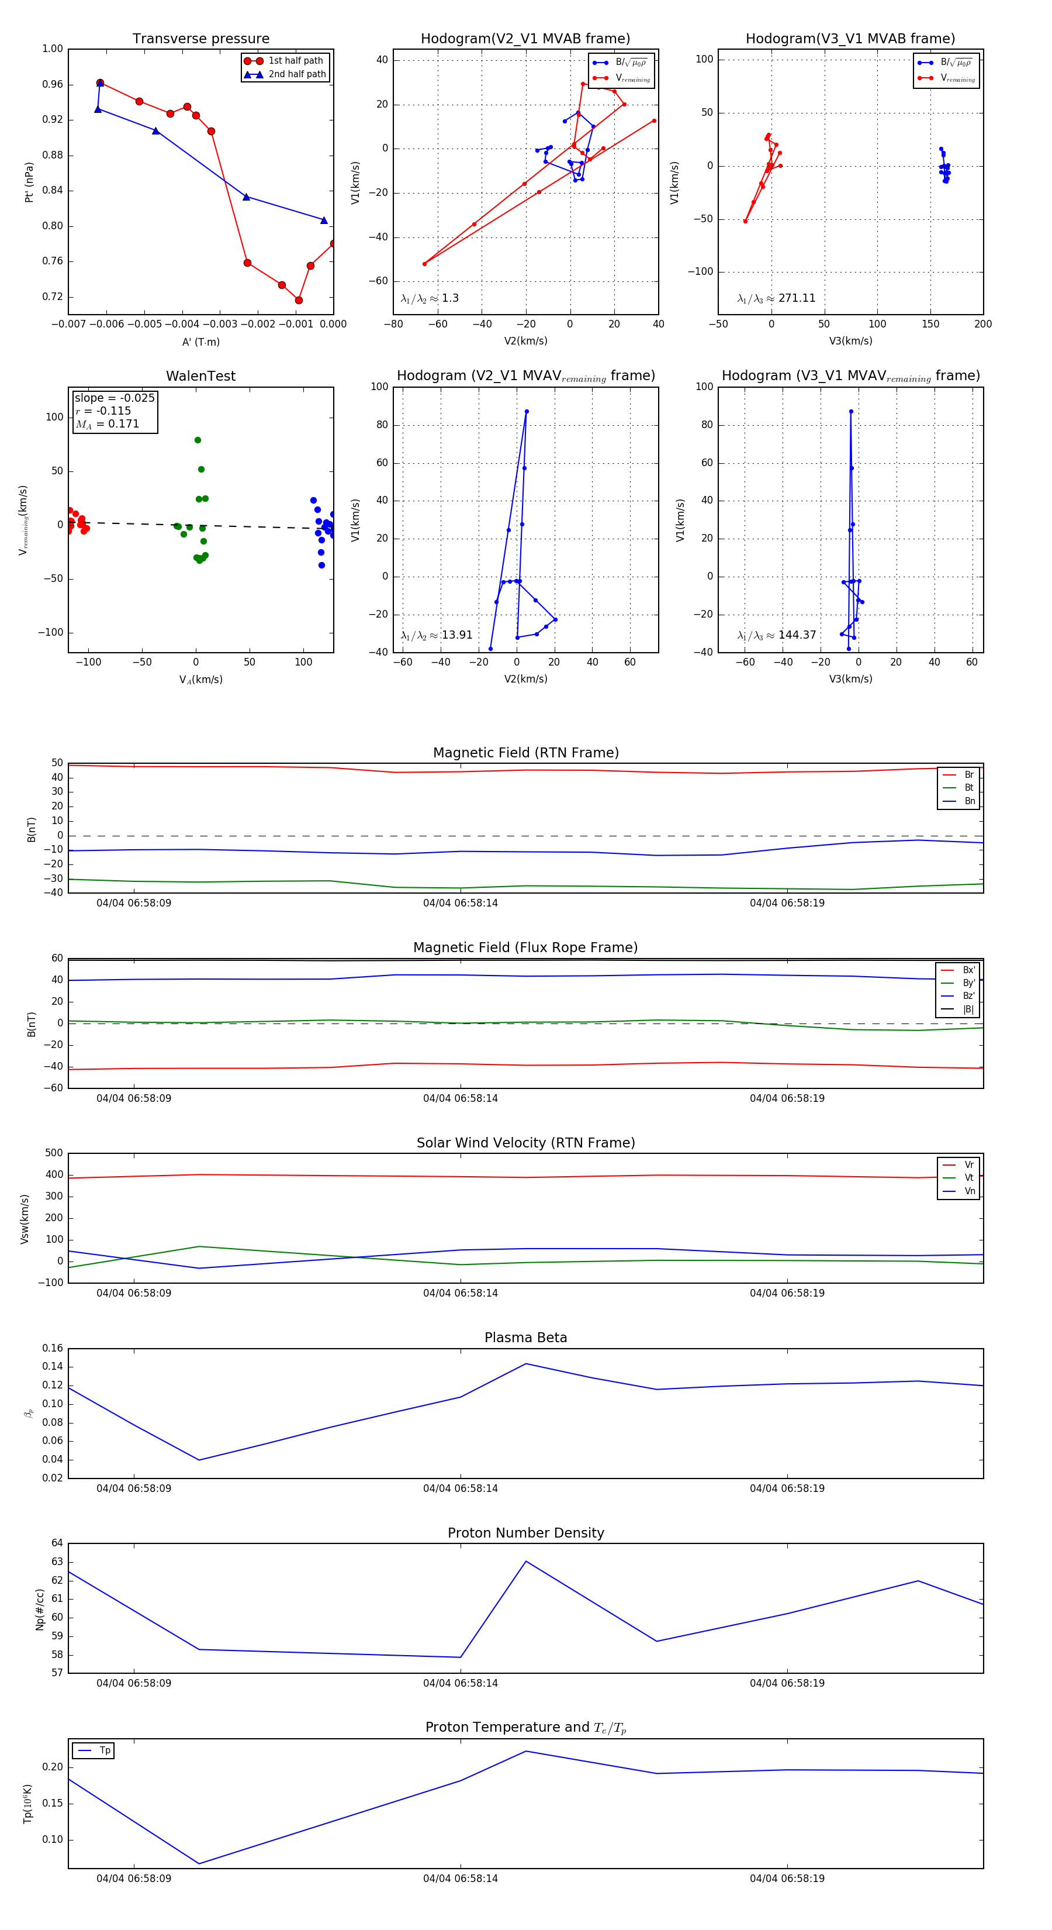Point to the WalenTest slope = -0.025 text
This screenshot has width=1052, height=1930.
(x=115, y=398)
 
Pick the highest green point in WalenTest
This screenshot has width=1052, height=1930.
(x=198, y=440)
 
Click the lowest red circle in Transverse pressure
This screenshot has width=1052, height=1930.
(x=299, y=301)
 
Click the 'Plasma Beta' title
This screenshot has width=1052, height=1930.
(x=525, y=1338)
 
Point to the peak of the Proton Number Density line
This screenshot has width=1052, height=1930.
(x=525, y=1562)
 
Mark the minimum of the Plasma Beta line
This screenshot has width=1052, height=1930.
(x=199, y=1459)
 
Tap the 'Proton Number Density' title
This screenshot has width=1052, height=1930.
(x=525, y=1533)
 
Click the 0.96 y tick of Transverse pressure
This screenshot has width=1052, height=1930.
(x=53, y=84)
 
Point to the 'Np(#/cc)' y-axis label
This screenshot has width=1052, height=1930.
(x=40, y=1610)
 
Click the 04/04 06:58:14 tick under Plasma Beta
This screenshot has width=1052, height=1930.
(x=461, y=1488)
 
